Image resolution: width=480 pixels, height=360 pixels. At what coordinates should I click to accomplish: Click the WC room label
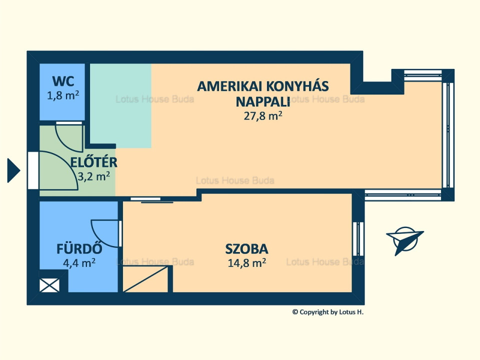[x=63, y=81]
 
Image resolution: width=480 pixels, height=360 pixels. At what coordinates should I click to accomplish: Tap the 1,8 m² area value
[x=63, y=95]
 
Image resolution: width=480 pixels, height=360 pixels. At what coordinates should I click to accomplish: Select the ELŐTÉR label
[x=94, y=162]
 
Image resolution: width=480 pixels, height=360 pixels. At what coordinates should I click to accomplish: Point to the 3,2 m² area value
[x=94, y=176]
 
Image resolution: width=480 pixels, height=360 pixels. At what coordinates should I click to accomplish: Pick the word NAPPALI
[x=263, y=102]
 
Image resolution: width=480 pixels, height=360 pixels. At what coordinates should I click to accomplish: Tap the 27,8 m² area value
[x=263, y=116]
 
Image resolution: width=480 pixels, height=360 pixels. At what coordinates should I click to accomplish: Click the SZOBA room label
[x=246, y=249]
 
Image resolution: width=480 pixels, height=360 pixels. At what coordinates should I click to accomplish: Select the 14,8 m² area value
[x=246, y=263]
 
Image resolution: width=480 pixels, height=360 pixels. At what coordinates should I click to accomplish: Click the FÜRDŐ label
[x=79, y=248]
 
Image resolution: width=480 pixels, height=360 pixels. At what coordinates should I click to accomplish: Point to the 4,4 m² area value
[x=79, y=263]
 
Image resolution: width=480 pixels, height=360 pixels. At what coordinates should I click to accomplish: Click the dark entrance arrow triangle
[x=13, y=170]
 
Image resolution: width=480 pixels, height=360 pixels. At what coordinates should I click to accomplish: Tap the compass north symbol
[x=404, y=239]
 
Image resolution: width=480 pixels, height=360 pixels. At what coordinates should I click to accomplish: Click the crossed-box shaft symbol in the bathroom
[x=49, y=285]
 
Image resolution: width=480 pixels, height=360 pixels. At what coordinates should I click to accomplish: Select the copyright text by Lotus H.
[x=328, y=312]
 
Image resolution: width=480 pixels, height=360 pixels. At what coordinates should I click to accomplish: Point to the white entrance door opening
[x=33, y=170]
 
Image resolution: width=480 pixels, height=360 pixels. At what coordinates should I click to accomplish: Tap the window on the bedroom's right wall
[x=358, y=239]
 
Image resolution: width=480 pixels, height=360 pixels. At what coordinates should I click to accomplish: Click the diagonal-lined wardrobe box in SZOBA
[x=145, y=279]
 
